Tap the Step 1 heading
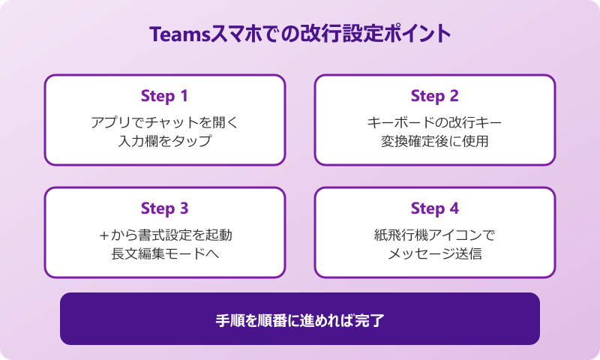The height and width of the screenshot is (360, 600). click(x=164, y=96)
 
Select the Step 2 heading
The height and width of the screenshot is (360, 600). click(x=434, y=96)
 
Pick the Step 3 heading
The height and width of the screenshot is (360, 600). click(x=164, y=208)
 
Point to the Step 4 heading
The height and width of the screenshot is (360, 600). click(x=434, y=208)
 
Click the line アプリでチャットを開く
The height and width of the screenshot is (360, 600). click(x=165, y=121)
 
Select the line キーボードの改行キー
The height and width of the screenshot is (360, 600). click(x=435, y=121)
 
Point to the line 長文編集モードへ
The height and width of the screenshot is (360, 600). click(x=165, y=253)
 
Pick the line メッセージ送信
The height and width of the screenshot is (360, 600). click(x=435, y=253)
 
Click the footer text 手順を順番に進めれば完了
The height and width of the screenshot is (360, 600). click(x=300, y=319)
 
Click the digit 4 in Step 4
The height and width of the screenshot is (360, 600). click(x=454, y=208)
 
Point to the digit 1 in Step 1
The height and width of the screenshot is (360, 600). click(x=184, y=96)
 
